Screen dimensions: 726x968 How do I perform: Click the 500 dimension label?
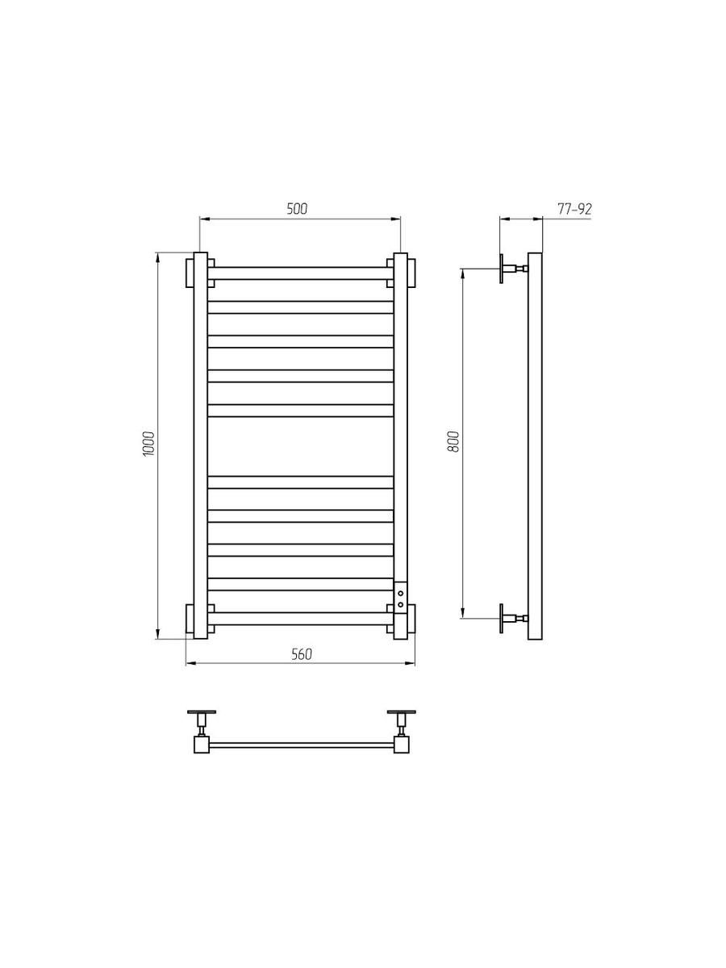pos(297,208)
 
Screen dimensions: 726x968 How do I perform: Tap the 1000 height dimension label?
pos(149,444)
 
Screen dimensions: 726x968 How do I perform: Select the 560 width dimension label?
pos(302,666)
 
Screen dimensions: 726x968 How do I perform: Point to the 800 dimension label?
pos(453,441)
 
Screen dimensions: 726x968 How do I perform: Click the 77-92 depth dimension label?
pos(574,209)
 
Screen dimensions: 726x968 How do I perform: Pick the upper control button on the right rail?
pos(400,595)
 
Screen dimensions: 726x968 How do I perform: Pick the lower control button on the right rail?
pos(400,604)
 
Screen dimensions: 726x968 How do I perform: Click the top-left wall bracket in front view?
pos(190,273)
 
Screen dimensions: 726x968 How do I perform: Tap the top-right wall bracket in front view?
pos(411,273)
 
